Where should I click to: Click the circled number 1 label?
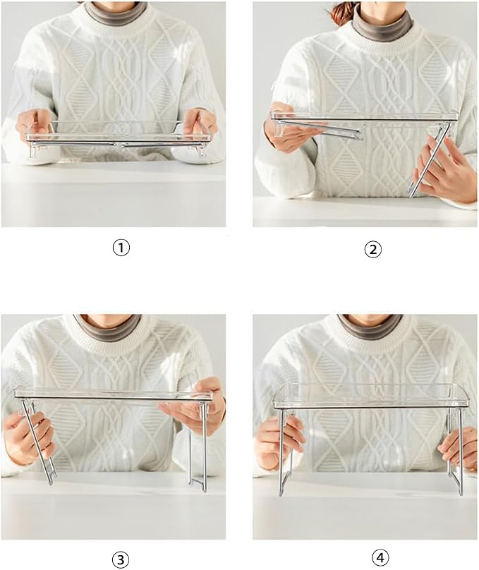121,248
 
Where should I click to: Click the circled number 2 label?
372,250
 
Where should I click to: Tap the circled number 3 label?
121,559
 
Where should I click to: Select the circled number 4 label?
380,557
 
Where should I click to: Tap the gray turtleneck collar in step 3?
107,327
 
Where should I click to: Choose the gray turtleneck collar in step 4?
370,327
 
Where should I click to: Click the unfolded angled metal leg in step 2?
429,160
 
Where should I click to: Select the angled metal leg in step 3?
38,442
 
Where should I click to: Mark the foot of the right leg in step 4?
461,492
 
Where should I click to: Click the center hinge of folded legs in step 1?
119,145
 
